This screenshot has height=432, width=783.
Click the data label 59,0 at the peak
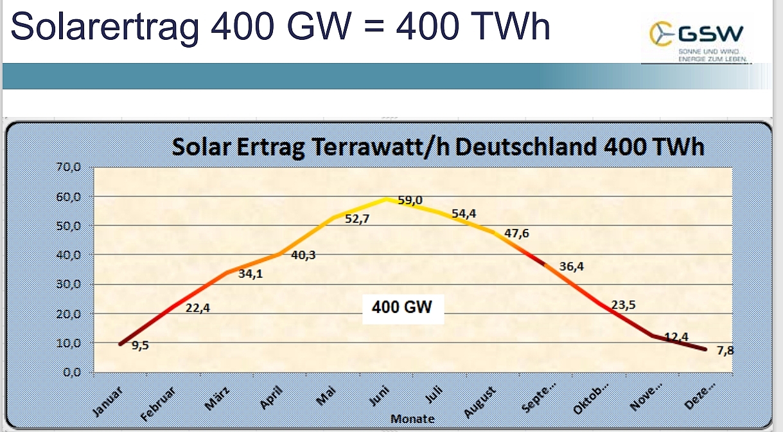click(x=410, y=201)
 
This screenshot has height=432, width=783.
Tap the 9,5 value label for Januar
click(x=141, y=345)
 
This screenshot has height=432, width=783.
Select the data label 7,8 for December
click(x=725, y=350)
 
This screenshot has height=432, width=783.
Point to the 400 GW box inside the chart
click(x=402, y=307)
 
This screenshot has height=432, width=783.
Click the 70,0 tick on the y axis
click(x=67, y=168)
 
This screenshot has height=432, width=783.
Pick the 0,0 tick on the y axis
click(x=69, y=372)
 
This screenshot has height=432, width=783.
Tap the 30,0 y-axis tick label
click(x=67, y=285)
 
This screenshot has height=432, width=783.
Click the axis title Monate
click(x=412, y=419)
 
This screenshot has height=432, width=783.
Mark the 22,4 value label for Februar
click(x=198, y=308)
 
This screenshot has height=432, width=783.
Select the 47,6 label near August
click(x=517, y=233)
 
